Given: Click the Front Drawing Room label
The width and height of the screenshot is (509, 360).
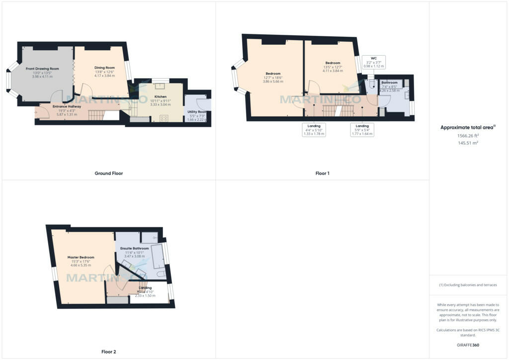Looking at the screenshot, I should pos(42,69).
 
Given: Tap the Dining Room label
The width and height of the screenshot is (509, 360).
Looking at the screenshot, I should pos(104,68).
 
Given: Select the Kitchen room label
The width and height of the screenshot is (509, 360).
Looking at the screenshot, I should pos(161,97).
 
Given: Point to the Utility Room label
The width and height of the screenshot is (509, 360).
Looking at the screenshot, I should pos(197,112).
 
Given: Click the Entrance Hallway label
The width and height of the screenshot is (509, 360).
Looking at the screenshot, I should pos(67,106).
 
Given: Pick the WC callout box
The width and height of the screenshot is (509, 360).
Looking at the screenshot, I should pos(373,62).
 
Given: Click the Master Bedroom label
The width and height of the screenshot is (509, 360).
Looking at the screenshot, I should pos(81,258).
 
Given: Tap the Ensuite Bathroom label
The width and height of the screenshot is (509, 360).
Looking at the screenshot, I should pos(134,248).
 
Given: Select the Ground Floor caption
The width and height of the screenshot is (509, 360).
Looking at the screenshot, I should pos(108,174).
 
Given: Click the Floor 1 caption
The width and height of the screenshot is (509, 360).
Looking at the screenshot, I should pos(322,174).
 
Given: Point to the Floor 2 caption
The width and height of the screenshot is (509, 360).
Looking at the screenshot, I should pos(108,352).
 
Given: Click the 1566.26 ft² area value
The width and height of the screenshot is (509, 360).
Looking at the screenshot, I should pos(468,135).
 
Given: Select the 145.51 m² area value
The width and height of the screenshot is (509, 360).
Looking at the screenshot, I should pos(468,143).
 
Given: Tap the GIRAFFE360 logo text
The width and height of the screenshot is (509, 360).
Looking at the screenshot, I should pos(468,345).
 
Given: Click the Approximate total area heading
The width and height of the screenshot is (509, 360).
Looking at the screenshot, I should pos(467,128).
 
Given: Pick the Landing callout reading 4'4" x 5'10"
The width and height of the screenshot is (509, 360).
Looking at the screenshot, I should pos(314,130).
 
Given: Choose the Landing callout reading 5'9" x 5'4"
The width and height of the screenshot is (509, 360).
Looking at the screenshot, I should pos(361,130).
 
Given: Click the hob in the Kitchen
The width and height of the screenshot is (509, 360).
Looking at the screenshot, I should pos(164,118).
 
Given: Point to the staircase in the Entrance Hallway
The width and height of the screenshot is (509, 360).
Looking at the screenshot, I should pos(96,115).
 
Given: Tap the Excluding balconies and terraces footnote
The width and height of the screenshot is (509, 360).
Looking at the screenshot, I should pos(468,285).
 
